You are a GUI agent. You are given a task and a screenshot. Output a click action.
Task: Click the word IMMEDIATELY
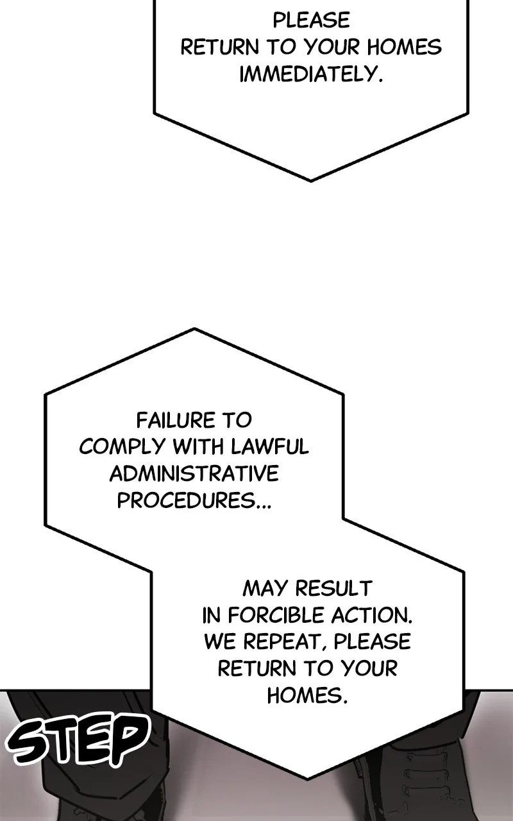(x=311, y=74)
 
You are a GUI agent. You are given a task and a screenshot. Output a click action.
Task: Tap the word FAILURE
(x=176, y=420)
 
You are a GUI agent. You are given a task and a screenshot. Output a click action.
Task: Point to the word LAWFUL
(x=270, y=446)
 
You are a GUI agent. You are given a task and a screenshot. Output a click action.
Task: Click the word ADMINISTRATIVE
(x=194, y=473)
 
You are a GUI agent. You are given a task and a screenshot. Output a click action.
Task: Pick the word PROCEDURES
(x=186, y=500)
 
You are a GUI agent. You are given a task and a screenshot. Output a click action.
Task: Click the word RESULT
(x=334, y=588)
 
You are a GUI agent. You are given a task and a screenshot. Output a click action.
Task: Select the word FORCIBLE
(x=276, y=615)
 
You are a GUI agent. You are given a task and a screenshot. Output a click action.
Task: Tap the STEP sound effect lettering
(x=78, y=737)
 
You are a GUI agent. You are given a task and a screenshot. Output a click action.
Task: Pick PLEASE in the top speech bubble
(x=311, y=20)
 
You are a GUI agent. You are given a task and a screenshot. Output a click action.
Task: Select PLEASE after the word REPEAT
(x=373, y=641)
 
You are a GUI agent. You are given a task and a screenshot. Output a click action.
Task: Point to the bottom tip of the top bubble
(x=311, y=181)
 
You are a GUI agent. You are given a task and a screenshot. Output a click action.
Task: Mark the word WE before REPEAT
(x=220, y=642)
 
